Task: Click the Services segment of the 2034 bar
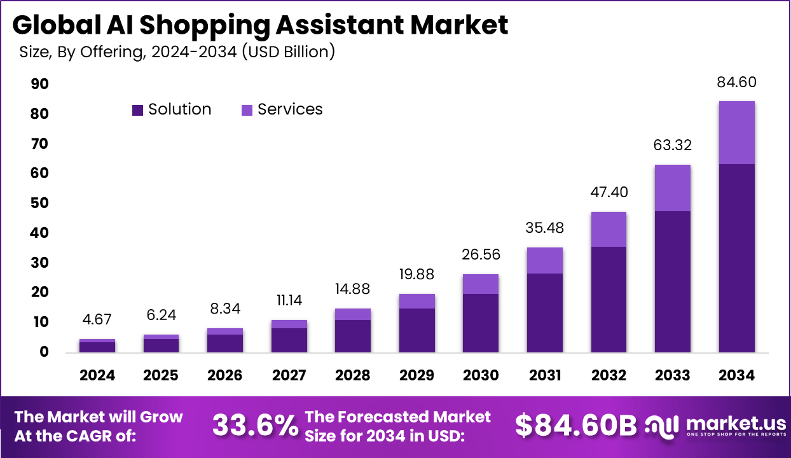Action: (736, 132)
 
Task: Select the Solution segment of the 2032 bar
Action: (609, 299)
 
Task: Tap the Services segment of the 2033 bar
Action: (673, 188)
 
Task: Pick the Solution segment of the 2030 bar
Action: (481, 323)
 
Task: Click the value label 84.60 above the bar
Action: (736, 83)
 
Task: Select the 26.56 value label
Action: (481, 255)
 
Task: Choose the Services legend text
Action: (290, 109)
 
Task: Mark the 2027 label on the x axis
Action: (289, 375)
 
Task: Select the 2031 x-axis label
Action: (544, 375)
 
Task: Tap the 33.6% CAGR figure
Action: (254, 426)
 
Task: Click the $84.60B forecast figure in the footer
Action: (575, 426)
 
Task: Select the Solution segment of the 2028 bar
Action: (353, 336)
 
